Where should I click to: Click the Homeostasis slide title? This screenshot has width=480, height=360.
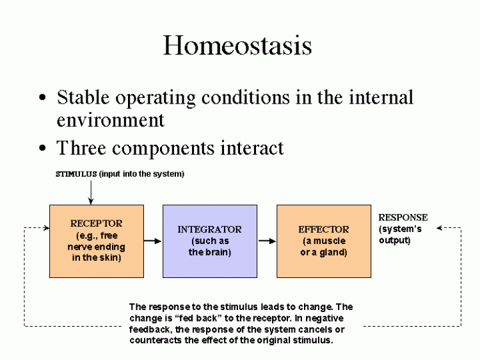pos(237,45)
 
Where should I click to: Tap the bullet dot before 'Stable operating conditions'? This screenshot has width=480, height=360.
pos(42,98)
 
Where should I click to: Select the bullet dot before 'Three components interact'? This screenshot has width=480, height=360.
pos(42,148)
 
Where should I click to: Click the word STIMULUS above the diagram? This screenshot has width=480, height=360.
pos(76,174)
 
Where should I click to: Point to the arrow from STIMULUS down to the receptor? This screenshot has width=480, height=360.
pos(91,192)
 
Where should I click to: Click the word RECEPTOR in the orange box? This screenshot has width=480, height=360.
pos(97,224)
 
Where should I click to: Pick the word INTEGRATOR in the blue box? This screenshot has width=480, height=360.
pos(210,229)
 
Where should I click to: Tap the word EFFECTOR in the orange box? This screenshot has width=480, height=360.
pos(324,229)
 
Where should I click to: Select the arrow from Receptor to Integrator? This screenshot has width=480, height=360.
pos(152,241)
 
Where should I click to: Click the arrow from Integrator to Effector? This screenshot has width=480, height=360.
pos(267,241)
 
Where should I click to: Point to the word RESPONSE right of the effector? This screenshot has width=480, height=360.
pos(403,217)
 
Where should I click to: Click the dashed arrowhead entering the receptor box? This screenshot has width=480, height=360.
pos(47,227)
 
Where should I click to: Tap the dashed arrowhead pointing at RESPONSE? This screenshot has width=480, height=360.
pos(439,228)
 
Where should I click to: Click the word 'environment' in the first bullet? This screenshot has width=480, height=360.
pos(111,120)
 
